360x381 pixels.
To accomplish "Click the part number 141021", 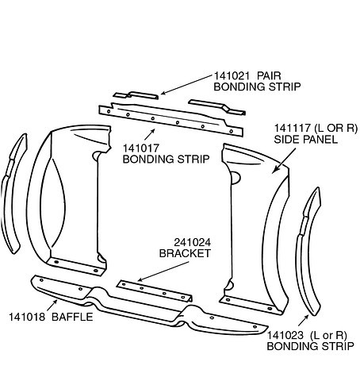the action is coord(232,76).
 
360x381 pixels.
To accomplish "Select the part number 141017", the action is coord(141,148).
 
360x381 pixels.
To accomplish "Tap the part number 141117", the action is coord(292,129).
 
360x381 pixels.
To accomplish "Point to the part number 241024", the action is coord(193,242).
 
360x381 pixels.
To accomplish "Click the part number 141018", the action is coord(27,317).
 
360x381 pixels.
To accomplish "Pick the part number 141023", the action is coord(285,336).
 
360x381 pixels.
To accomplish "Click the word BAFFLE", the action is coord(72,317).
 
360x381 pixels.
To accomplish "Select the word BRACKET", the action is coord(185,253).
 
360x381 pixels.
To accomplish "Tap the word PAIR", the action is coord(269,76).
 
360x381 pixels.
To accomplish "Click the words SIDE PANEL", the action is coord(306,140).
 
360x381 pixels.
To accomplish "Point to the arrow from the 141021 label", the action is coord(186,85).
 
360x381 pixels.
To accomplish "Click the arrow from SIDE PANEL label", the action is coord(284,161).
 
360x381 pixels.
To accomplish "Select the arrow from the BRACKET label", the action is coord(163,271).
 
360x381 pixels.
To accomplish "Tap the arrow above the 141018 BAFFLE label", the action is coord(52,305).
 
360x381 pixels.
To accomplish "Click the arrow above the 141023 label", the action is coord(304,321).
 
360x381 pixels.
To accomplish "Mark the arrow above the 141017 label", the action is coord(150,134).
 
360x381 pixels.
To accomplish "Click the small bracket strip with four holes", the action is coord(155,291).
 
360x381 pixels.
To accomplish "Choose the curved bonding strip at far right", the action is coord(307,252).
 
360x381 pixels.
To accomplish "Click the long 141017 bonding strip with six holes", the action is coord(170,120).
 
